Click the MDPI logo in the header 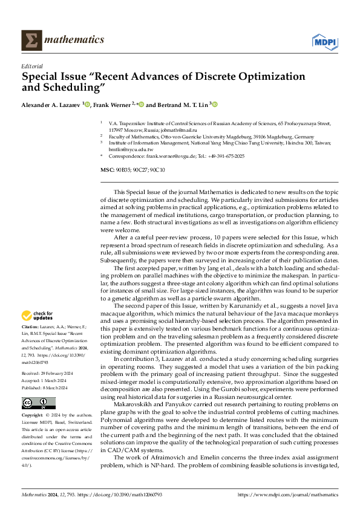pyautogui.click(x=324, y=41)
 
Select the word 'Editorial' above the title pyautogui.click(x=31, y=66)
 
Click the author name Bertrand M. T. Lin pyautogui.click(x=181, y=105)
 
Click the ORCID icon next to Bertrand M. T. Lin pyautogui.click(x=214, y=104)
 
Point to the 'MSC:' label pyautogui.click(x=107, y=170)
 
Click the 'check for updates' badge pyautogui.click(x=37, y=315)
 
